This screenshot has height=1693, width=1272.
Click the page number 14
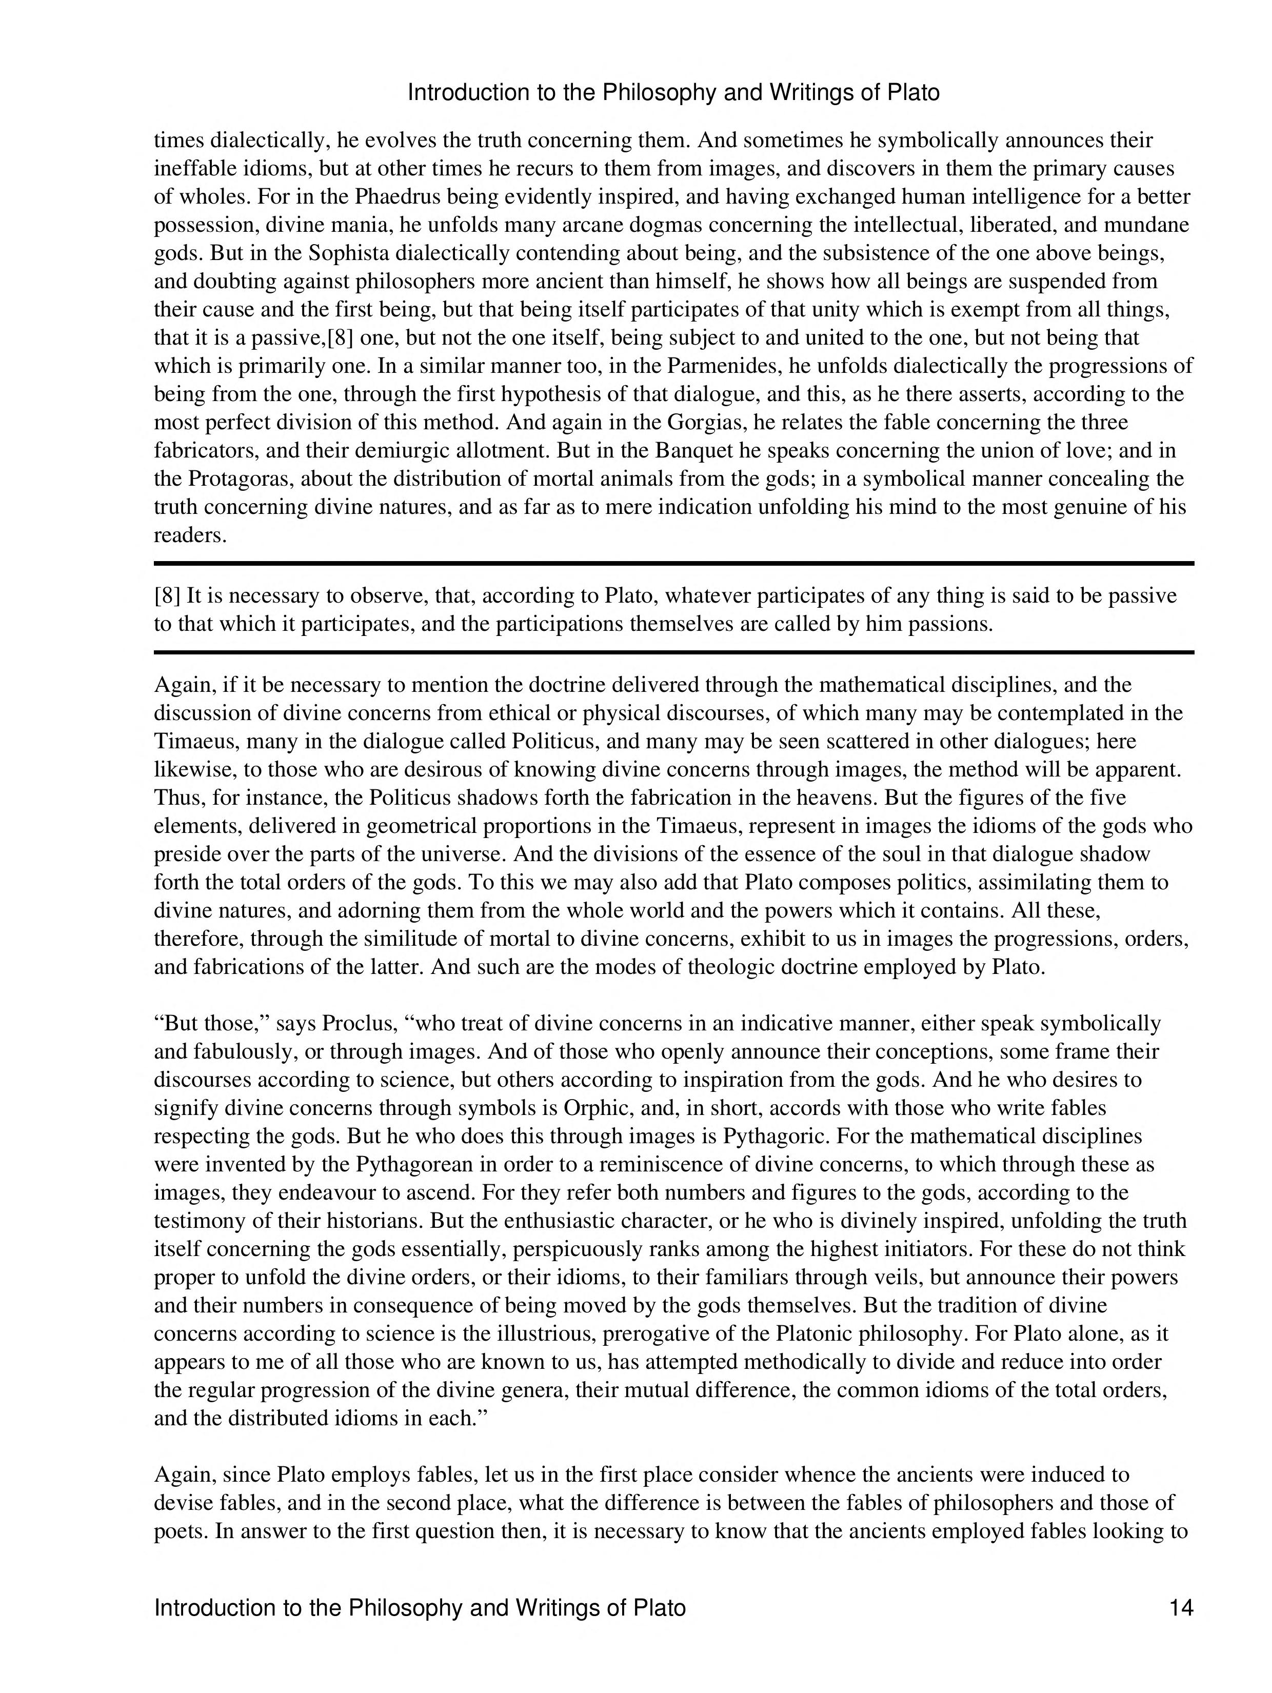[x=1181, y=1607]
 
